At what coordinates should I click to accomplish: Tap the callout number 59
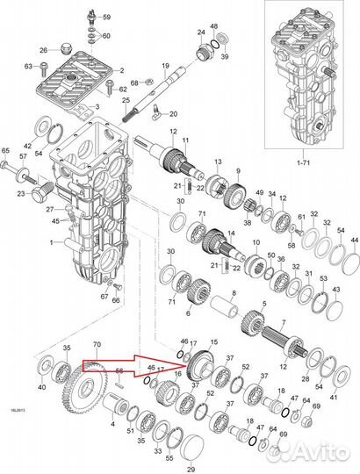pos(106,18)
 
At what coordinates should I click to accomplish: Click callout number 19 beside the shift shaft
pos(165,67)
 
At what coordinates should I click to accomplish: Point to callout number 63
pos(29,66)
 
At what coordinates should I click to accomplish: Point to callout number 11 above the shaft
pos(185,140)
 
